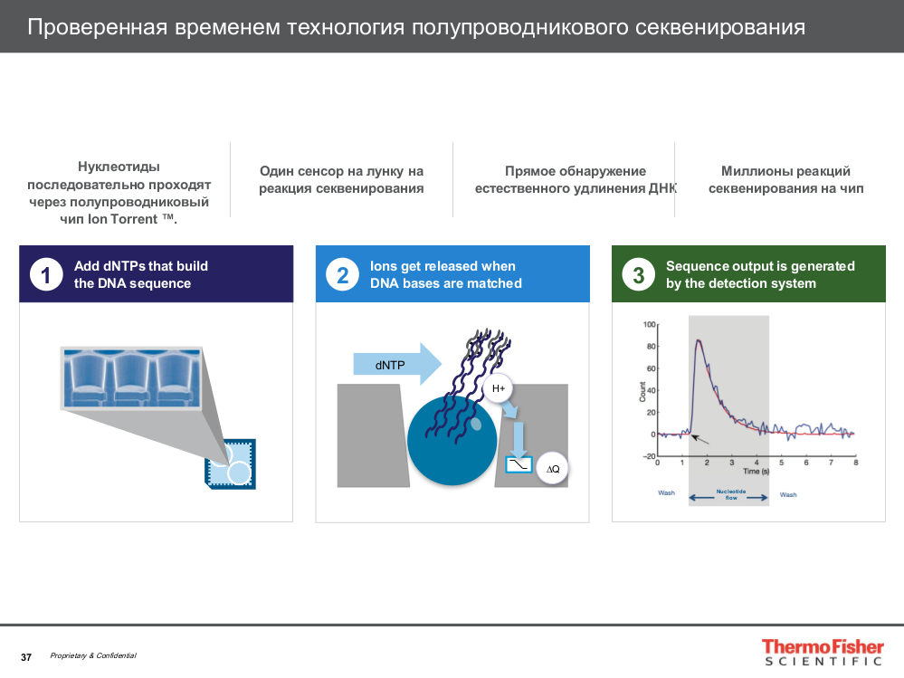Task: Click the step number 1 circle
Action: [x=46, y=274]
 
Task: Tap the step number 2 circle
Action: [x=342, y=274]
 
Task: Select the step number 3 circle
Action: [x=638, y=274]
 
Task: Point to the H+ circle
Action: [x=499, y=389]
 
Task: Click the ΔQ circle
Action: [x=551, y=468]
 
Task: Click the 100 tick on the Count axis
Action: [x=648, y=324]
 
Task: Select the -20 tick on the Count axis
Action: [x=648, y=456]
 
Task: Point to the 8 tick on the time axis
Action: [x=855, y=463]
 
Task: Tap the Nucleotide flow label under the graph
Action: [x=729, y=495]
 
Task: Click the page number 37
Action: [x=26, y=657]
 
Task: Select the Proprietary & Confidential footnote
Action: [x=93, y=656]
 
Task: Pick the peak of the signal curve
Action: [x=699, y=340]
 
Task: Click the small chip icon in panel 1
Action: [x=230, y=464]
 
